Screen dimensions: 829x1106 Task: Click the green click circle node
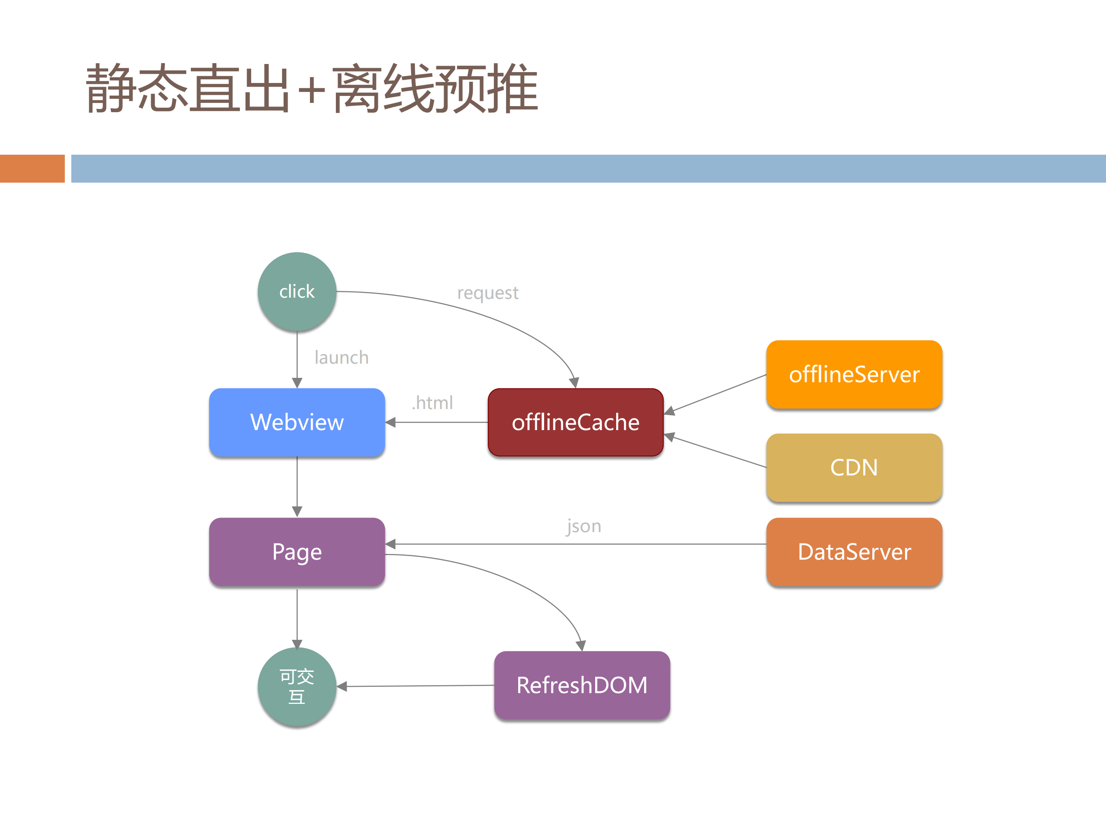point(297,291)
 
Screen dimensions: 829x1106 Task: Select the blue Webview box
point(297,422)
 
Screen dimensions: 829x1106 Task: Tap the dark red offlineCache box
point(576,422)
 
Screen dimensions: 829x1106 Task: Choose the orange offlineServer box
point(854,374)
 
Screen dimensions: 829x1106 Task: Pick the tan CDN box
point(854,467)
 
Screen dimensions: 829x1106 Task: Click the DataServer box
point(854,552)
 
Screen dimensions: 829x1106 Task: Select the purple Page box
point(297,552)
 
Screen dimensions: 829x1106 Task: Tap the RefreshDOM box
point(581,685)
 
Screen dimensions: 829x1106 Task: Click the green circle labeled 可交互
point(297,686)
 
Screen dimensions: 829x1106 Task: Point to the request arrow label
point(487,293)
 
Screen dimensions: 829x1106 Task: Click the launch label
point(342,357)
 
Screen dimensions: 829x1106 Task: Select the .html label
point(433,403)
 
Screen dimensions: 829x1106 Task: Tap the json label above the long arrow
point(583,526)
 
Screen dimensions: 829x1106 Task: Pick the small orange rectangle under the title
point(32,168)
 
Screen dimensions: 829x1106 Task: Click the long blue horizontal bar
point(588,168)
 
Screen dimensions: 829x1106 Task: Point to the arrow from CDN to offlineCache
point(715,452)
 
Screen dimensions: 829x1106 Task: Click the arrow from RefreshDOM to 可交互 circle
point(415,686)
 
